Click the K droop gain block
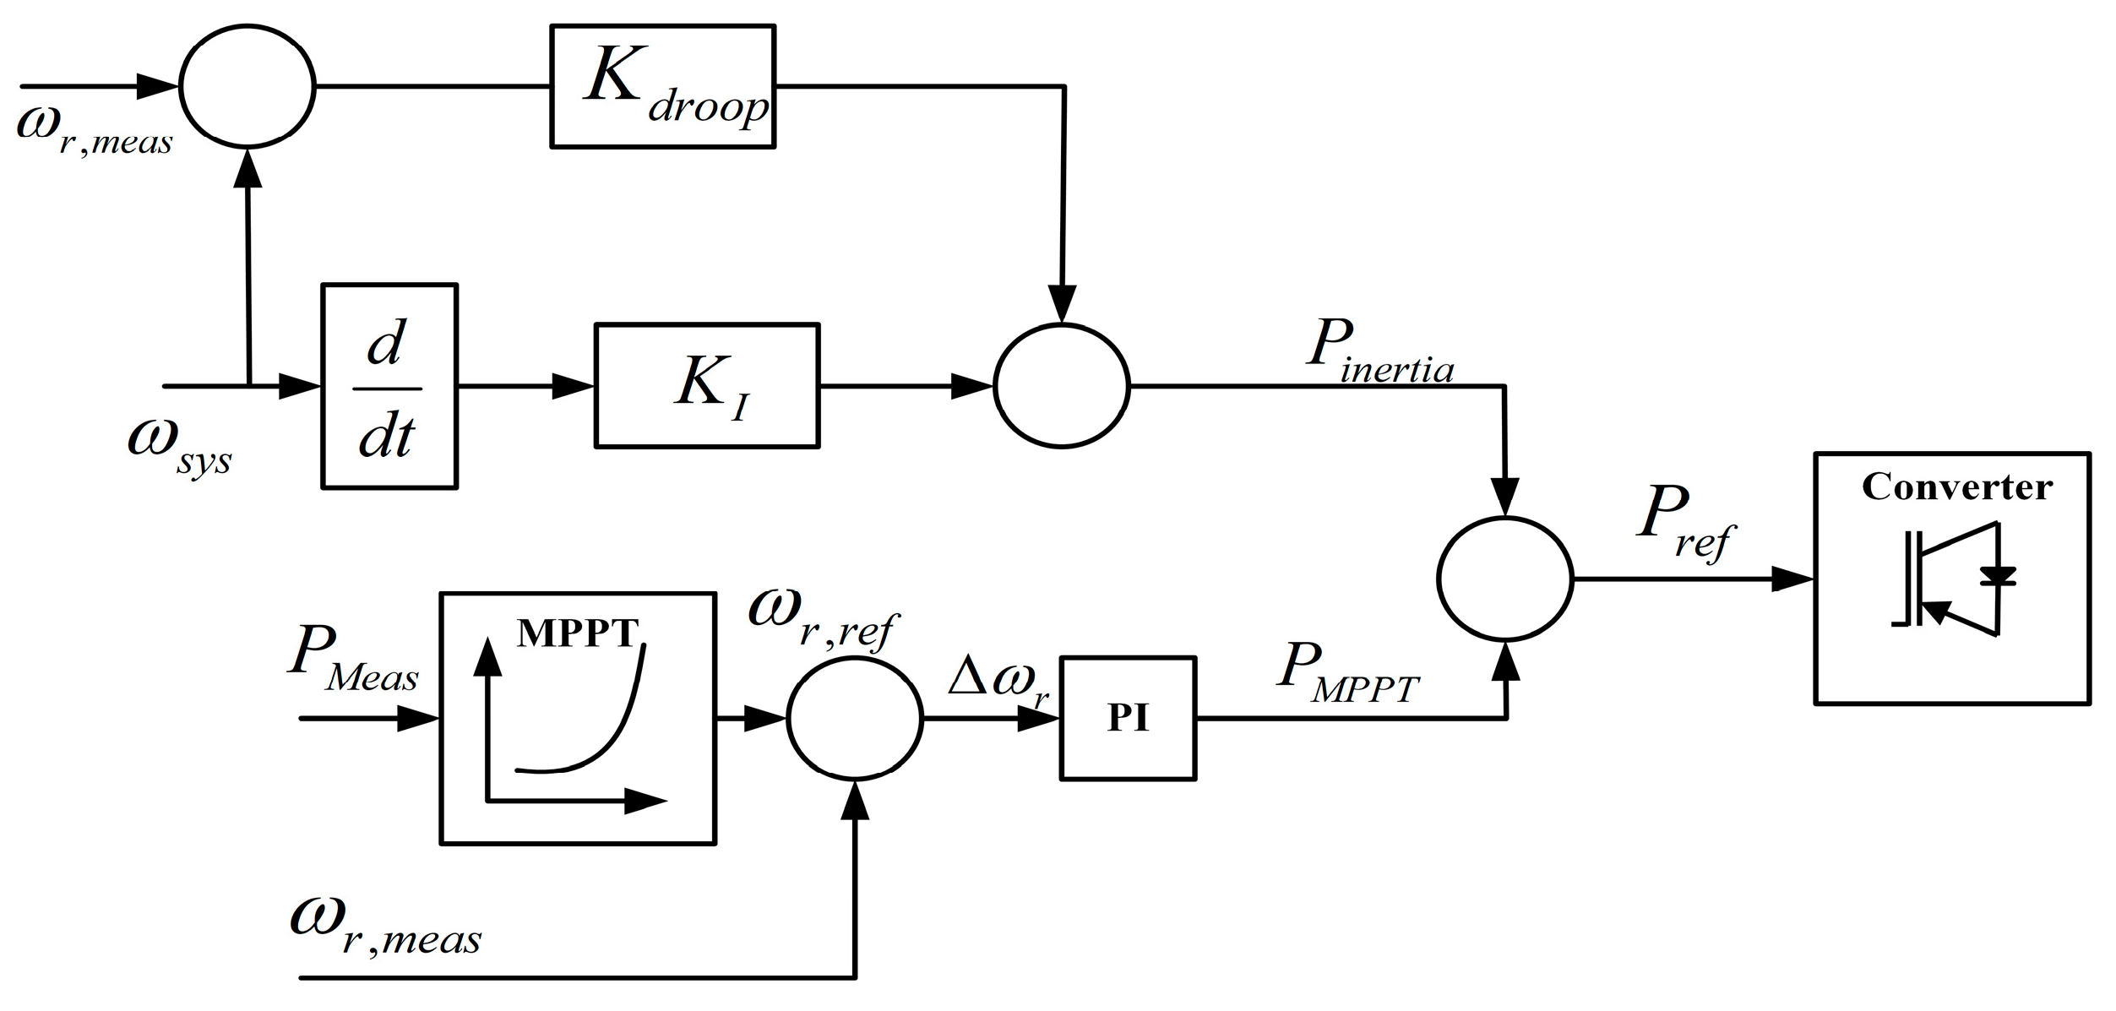tap(662, 87)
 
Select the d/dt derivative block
tap(389, 387)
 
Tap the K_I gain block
tap(707, 386)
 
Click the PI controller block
tap(1128, 719)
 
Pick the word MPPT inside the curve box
tap(578, 633)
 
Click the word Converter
tap(1956, 487)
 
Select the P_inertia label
tap(1379, 353)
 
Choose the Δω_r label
tap(997, 677)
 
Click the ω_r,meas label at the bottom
tap(385, 929)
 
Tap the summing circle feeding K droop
tap(247, 86)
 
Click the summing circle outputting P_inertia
tap(1061, 386)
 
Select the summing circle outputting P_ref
tap(1504, 579)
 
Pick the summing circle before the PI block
tap(855, 719)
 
